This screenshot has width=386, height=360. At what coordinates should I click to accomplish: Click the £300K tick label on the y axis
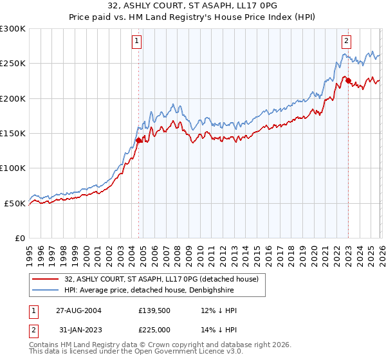pos(12,29)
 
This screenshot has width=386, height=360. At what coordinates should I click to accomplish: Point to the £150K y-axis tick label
pos(12,134)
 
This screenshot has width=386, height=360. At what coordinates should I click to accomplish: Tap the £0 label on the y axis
pos(19,239)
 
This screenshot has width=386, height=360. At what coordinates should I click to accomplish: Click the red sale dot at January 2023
pos(347,81)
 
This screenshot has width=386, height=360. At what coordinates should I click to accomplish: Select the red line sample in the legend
pos(46,279)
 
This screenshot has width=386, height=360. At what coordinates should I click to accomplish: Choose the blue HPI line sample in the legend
pos(46,290)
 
